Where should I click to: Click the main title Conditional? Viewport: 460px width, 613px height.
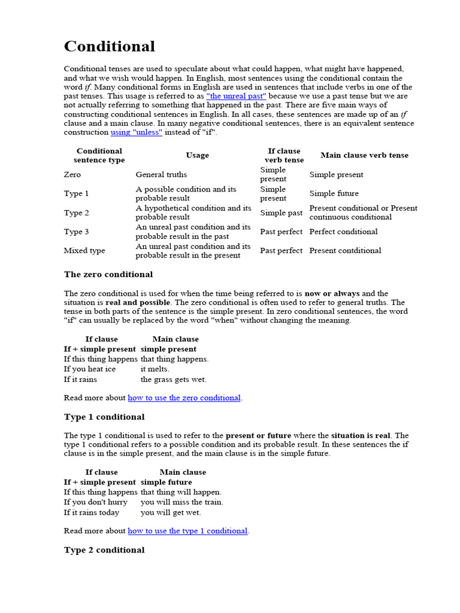point(110,47)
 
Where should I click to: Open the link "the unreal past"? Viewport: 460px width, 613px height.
point(236,96)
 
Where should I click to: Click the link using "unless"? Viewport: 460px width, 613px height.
point(136,132)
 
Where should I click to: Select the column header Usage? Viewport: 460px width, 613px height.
point(197,156)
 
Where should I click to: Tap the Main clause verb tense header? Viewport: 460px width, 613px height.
point(364,156)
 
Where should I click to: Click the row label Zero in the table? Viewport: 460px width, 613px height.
point(72,175)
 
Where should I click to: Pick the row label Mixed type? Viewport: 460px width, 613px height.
point(84,251)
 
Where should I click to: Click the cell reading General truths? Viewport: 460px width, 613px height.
point(161,175)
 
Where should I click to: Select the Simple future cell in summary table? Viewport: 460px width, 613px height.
point(334,193)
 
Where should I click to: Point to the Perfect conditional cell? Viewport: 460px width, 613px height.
point(343,232)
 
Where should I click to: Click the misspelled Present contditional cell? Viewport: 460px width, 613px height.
point(345,251)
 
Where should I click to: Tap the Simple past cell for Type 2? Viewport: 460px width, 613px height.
point(281,213)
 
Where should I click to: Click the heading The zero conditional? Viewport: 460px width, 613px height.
point(108,274)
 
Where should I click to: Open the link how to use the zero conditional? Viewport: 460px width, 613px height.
point(184,398)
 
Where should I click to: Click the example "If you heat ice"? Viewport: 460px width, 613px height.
point(90,369)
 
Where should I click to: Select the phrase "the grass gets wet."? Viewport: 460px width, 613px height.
point(174,380)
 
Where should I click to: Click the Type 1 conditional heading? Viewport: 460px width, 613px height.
point(104,417)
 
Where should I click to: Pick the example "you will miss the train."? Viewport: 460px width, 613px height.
point(181,502)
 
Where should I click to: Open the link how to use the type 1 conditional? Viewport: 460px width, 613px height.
point(187,531)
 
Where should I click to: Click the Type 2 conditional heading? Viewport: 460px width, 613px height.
point(104,550)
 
